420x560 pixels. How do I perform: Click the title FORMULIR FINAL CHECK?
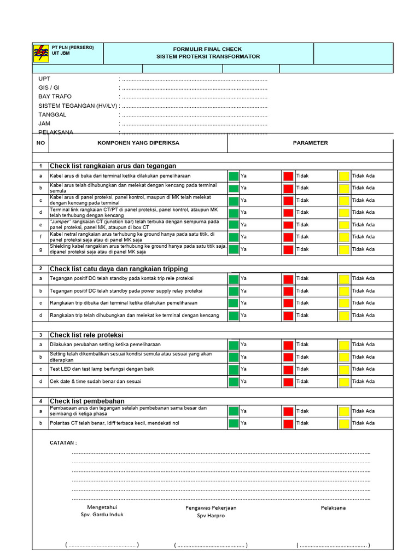(208, 49)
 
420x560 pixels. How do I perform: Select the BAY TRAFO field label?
(55, 97)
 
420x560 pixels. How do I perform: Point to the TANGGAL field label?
(52, 115)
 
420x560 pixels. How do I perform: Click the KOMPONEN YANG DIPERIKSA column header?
(138, 143)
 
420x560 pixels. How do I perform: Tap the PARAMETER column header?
(310, 143)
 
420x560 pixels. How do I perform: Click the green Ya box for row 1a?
(234, 176)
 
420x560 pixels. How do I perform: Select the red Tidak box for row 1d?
(288, 212)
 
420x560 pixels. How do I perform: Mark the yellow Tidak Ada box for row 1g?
(343, 249)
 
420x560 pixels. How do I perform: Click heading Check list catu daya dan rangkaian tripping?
(119, 269)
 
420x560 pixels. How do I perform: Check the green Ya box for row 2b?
(234, 291)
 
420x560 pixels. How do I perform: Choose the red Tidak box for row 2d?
(288, 315)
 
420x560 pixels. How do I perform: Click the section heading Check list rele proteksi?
(86, 335)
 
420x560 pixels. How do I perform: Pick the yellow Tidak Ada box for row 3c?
(343, 369)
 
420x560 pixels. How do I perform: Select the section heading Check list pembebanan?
(87, 401)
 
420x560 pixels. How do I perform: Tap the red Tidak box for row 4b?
(288, 423)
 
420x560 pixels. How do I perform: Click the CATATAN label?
(63, 442)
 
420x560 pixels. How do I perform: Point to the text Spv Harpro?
(211, 516)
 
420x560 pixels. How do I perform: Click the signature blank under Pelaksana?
(333, 545)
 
